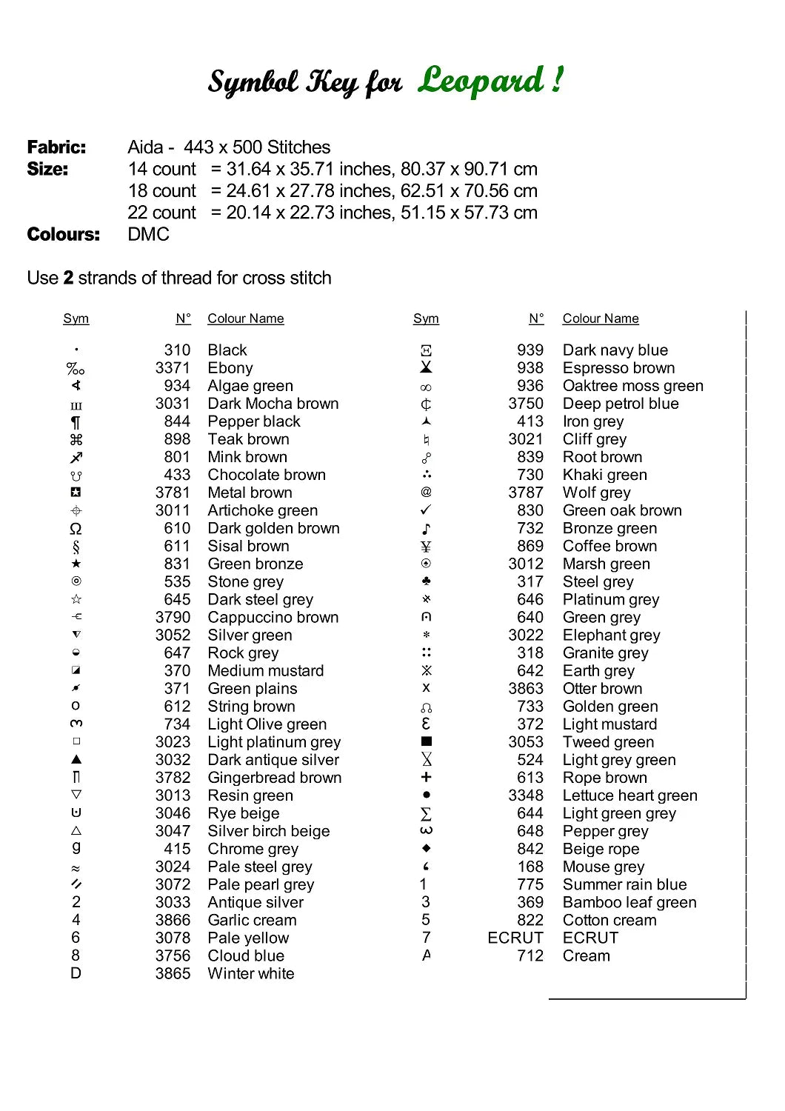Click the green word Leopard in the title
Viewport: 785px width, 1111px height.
point(481,80)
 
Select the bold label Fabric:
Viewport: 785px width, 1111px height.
point(56,147)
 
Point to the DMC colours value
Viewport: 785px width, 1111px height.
point(148,235)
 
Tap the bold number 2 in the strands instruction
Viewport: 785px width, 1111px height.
point(68,278)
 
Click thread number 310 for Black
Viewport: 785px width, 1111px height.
point(177,350)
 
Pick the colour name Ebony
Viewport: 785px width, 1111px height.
point(230,368)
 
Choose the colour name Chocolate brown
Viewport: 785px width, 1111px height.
point(267,475)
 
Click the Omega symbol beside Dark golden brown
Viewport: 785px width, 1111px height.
point(76,529)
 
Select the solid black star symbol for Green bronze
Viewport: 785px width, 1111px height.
point(76,564)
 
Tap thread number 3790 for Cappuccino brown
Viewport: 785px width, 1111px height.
point(173,618)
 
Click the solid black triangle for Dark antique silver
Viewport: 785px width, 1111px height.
point(76,759)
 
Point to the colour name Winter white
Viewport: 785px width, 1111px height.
point(251,974)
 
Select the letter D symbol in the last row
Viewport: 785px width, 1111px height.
point(76,973)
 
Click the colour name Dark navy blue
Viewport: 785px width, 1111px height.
point(615,350)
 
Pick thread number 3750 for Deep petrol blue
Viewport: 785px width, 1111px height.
point(526,404)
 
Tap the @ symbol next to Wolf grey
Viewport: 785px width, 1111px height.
point(426,492)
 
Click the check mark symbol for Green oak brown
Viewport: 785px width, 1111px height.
point(426,510)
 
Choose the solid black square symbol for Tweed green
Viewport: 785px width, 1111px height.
point(426,741)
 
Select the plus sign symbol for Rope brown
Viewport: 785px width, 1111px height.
point(426,777)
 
